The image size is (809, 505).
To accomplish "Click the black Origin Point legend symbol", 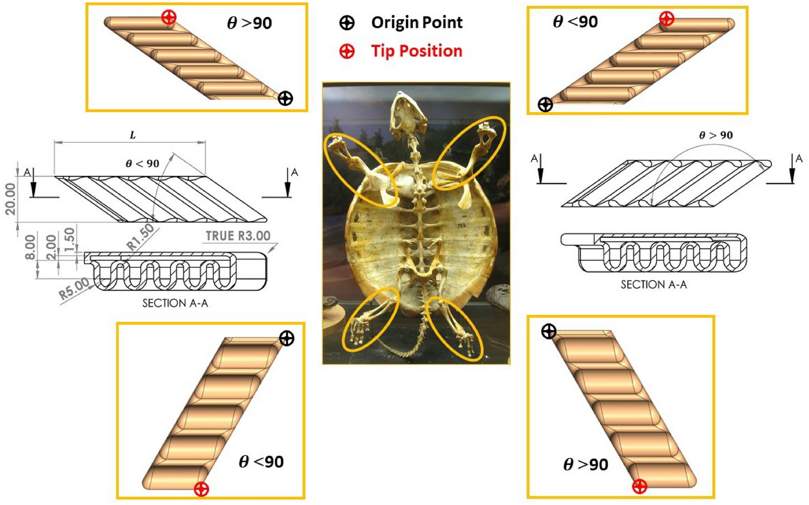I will [x=347, y=22].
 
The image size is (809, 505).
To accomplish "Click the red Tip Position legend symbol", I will [x=347, y=51].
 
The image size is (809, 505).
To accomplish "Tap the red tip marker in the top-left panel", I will [x=169, y=17].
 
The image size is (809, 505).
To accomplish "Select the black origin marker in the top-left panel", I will [x=285, y=98].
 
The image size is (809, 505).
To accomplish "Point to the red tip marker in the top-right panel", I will [x=667, y=19].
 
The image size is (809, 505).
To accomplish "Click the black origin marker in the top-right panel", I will [x=545, y=104].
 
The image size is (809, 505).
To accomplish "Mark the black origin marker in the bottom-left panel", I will [x=287, y=338].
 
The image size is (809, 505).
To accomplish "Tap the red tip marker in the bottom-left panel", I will [x=201, y=489].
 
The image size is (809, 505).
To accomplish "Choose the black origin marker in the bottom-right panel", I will [x=548, y=331].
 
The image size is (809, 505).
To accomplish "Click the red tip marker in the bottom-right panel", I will [x=639, y=486].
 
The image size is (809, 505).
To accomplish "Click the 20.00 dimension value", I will [x=11, y=199].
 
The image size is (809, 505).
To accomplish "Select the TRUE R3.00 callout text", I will [x=238, y=236].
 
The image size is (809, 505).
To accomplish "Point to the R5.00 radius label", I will [x=74, y=289].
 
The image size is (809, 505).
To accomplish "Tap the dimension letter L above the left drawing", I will [x=133, y=135].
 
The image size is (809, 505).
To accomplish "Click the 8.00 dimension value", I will [x=30, y=247].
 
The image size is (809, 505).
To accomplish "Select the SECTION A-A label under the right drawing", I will [x=654, y=285].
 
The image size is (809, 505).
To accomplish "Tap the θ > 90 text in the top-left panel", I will [x=250, y=23].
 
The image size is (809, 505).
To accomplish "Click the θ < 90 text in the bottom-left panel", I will [x=261, y=462].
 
